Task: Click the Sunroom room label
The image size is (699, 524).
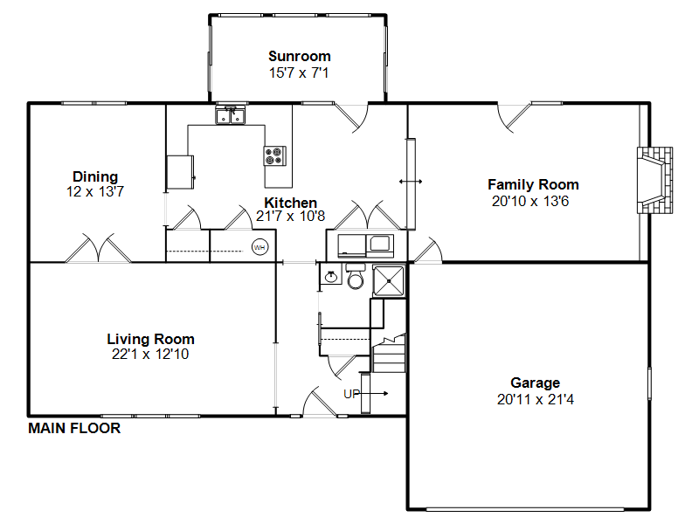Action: pyautogui.click(x=300, y=56)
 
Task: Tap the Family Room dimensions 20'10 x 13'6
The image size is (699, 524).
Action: pyautogui.click(x=530, y=201)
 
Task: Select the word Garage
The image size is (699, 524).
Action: pyautogui.click(x=535, y=383)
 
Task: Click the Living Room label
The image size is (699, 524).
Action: pyautogui.click(x=150, y=339)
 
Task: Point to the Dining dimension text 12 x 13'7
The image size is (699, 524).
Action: pyautogui.click(x=95, y=191)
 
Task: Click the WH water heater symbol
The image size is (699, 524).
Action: pyautogui.click(x=260, y=247)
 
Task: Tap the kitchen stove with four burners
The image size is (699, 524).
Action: pyautogui.click(x=274, y=156)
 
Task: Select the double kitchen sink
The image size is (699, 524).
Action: pyautogui.click(x=230, y=115)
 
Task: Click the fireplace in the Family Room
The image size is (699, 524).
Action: pyautogui.click(x=654, y=180)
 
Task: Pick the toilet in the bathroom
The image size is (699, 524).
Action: pyautogui.click(x=356, y=276)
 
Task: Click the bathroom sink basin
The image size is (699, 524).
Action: pyautogui.click(x=331, y=277)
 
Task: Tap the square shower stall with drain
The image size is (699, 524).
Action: pyautogui.click(x=389, y=281)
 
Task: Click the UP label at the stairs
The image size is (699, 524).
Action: pyautogui.click(x=352, y=394)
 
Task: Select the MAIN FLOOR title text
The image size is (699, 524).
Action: pyautogui.click(x=74, y=428)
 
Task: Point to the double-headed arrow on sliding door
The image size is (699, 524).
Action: pyautogui.click(x=411, y=182)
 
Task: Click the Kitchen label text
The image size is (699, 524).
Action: pyautogui.click(x=290, y=203)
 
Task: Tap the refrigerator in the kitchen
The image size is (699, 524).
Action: pyautogui.click(x=180, y=172)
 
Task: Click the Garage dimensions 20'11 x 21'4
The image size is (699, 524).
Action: pyautogui.click(x=536, y=399)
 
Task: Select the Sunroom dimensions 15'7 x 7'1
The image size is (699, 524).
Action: pyautogui.click(x=299, y=72)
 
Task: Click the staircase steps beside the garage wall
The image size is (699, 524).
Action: pyautogui.click(x=389, y=355)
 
